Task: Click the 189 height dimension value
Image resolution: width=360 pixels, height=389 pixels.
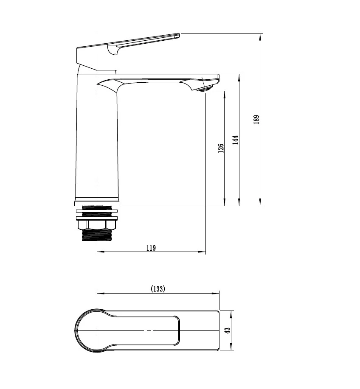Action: pos(256,119)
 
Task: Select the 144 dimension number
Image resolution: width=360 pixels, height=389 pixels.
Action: pos(236,140)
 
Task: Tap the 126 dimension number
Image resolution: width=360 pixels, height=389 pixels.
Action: pos(221,148)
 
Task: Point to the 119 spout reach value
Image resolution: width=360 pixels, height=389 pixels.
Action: pos(151,248)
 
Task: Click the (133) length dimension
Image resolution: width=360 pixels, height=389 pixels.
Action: pos(158,289)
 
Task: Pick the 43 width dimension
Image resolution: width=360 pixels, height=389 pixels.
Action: pos(228,330)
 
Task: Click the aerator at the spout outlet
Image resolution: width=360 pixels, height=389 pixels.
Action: pos(205,89)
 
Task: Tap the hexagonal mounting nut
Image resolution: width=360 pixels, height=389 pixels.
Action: pos(96,225)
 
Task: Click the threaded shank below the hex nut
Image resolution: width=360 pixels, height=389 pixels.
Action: pos(96,235)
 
